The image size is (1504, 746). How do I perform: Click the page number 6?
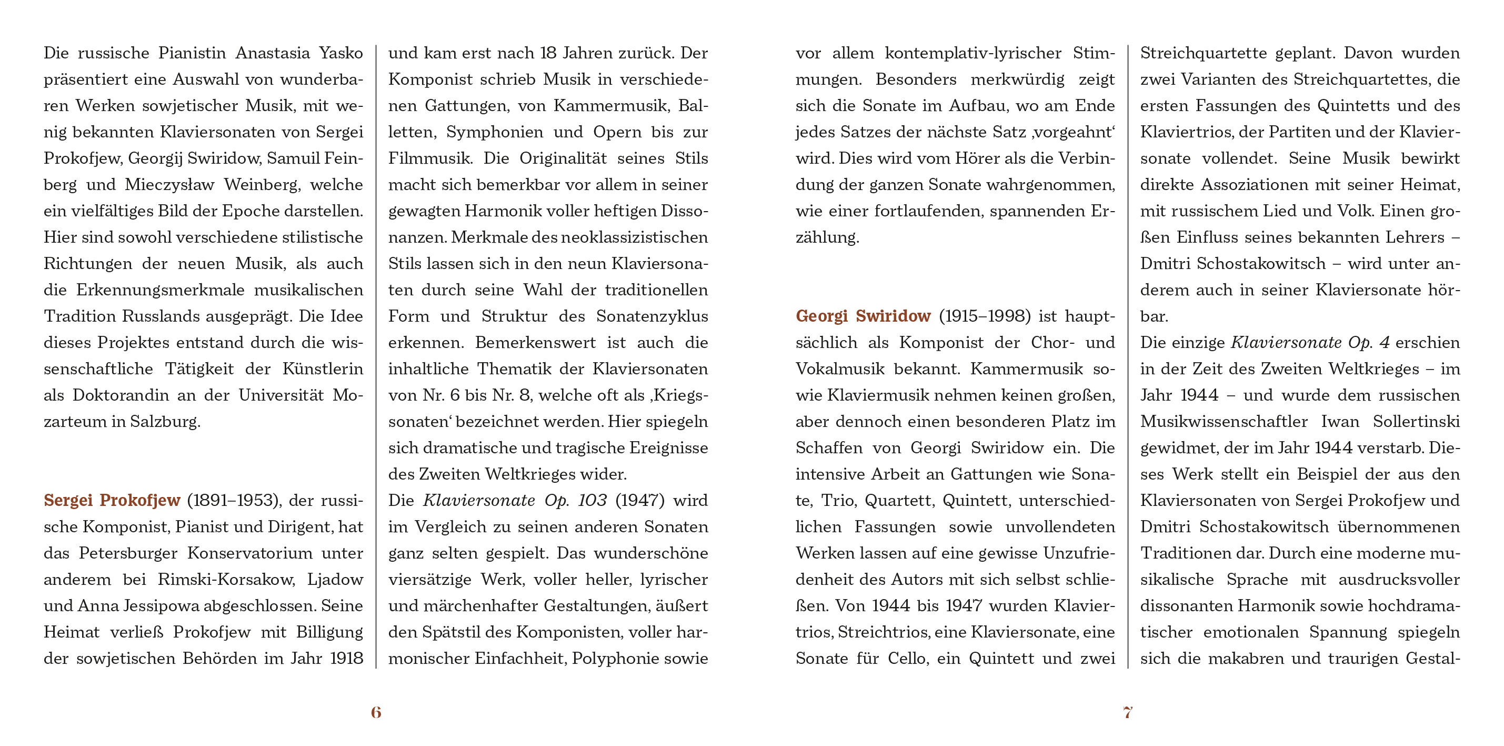pos(376,712)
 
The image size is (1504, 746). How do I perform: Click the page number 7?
pos(1127,712)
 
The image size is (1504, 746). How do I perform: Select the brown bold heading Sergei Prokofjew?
pos(112,501)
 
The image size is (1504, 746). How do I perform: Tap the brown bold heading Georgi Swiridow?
pos(863,316)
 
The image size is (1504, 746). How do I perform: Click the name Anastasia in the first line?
pos(272,53)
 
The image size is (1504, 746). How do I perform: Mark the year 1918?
pos(346,659)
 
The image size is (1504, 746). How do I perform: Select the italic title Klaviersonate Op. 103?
pos(514,501)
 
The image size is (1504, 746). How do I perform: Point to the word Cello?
pos(907,659)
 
